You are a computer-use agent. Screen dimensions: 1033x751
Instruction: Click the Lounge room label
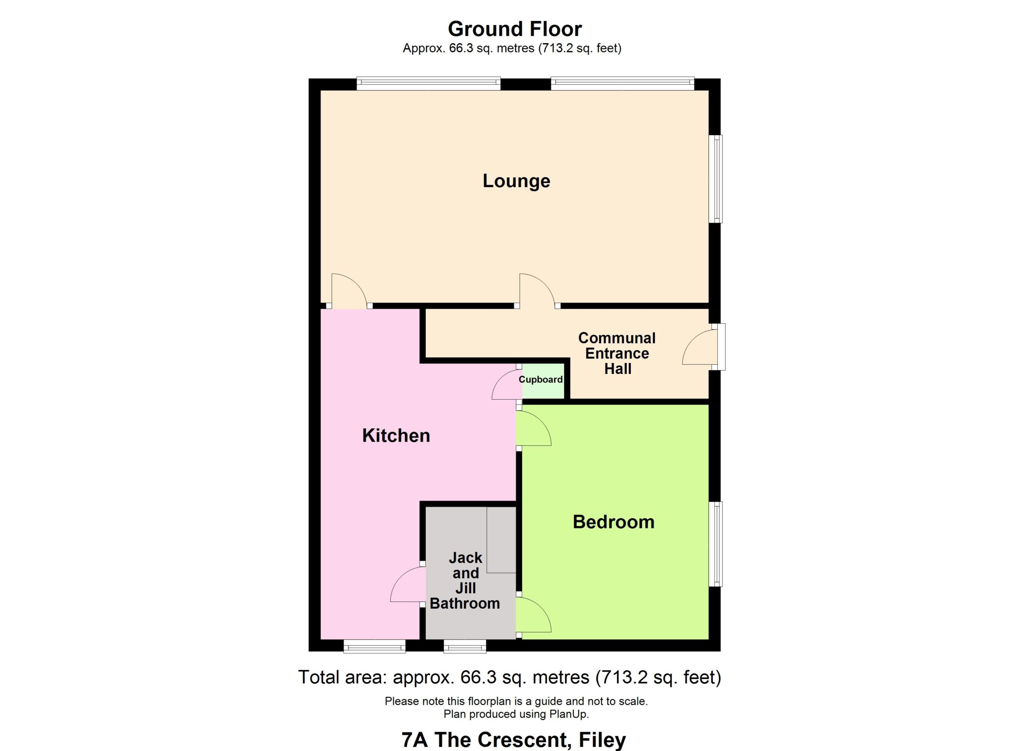516,181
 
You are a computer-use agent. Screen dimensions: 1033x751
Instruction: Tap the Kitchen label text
396,436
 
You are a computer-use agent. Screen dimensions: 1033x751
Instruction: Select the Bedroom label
613,522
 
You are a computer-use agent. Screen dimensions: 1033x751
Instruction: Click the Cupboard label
541,379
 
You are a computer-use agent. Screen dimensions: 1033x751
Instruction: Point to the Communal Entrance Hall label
617,353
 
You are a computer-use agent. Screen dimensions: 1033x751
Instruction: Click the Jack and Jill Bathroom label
465,580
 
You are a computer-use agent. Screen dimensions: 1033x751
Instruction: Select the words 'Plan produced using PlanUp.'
516,714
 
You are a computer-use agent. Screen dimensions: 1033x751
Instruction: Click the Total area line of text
510,677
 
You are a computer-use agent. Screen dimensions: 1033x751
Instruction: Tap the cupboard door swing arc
507,385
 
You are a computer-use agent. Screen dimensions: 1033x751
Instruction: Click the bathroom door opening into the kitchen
407,584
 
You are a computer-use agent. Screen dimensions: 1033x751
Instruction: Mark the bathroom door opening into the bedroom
533,614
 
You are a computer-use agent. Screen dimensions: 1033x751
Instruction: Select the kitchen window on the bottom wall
374,646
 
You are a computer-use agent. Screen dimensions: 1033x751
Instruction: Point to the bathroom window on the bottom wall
465,646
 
